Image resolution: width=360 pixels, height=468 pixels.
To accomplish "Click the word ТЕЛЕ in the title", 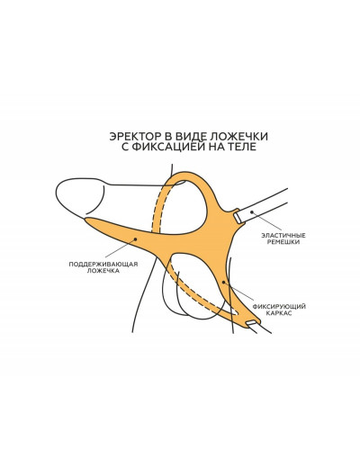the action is pos(244,147).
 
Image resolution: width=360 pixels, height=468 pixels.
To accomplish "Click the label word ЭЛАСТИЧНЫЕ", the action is pos(283,236).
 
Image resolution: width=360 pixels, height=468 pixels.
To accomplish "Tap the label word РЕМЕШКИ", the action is pos(283,242).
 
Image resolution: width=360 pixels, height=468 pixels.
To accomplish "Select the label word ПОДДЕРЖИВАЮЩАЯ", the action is pos(103,265).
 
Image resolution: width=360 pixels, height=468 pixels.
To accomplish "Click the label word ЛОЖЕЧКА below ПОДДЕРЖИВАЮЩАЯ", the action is pos(103,271).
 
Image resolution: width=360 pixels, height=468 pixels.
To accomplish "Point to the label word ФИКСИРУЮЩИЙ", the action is pos(279,307).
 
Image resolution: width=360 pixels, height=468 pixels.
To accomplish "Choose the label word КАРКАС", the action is pos(279,313).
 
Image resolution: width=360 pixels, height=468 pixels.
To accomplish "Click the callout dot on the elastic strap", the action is pos(252,212).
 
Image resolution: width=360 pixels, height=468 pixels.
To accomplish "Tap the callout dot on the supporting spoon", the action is pos(135,239).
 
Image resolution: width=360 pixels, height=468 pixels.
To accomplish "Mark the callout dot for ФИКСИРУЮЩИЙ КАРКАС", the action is pos(223,283).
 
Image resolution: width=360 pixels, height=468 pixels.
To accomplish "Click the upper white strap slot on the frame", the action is pos(238,218).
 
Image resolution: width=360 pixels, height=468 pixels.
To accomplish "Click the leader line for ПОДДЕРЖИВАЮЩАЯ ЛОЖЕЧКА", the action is pos(121,248).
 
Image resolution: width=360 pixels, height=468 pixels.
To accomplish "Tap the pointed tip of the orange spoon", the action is pos(85,219).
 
